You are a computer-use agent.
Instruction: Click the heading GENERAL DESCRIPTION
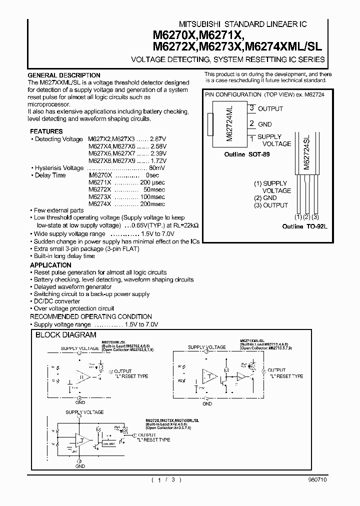[64, 75]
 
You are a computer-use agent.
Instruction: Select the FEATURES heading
[46, 131]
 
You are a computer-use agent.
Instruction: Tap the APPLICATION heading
[50, 265]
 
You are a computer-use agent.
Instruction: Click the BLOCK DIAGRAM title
[65, 335]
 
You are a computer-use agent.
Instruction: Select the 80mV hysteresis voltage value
[157, 168]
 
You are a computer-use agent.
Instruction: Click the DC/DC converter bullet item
[56, 301]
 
